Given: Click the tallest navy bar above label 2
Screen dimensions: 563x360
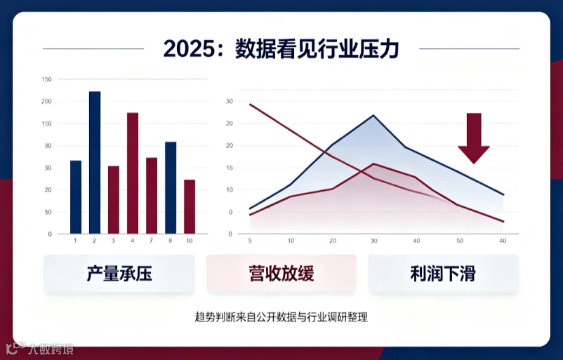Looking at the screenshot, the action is tap(95, 163).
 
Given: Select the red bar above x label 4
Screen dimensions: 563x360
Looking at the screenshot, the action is tap(133, 173).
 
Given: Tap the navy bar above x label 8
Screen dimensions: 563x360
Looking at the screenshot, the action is tap(171, 187).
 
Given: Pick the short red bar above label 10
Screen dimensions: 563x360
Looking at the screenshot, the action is tap(190, 207).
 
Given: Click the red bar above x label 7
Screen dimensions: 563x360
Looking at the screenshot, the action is tap(152, 196).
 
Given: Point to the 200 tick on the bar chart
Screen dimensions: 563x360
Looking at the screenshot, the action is tap(46, 102).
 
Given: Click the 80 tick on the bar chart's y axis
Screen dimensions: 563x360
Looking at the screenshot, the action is tap(48, 146).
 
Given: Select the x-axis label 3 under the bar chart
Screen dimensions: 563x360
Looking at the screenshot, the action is tap(113, 241).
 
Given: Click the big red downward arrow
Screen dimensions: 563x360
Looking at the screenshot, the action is tap(474, 138).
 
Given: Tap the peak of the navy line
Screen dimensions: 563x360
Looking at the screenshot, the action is tap(373, 116).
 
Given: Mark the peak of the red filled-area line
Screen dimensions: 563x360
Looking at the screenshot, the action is tap(373, 164).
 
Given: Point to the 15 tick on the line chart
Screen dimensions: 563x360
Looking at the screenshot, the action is tap(230, 168).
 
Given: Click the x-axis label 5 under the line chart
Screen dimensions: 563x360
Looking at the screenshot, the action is tap(250, 241).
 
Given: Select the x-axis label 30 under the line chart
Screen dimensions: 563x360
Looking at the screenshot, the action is tap(373, 241).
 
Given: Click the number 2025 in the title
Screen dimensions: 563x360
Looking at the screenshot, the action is tap(190, 48).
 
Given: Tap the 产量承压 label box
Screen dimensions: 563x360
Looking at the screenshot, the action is tap(119, 274).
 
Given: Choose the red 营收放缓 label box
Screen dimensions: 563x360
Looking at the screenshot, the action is tap(281, 274).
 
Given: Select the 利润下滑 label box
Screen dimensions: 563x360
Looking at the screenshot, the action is tap(444, 274).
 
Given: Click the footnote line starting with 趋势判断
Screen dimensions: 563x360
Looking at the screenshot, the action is tap(281, 317).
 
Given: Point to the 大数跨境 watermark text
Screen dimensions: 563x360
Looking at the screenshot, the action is tap(51, 349).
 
